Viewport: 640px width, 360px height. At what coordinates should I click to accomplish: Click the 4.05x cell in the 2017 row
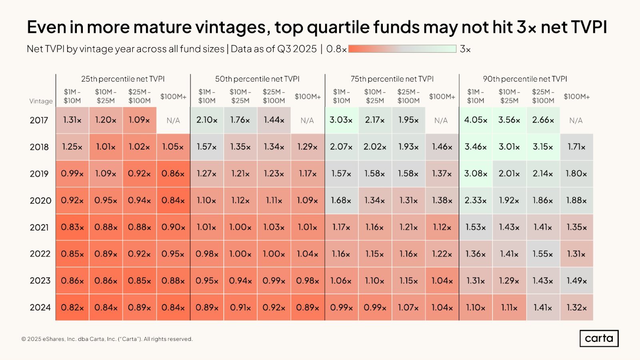tap(476, 120)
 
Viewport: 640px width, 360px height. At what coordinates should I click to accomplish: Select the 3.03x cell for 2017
tap(341, 120)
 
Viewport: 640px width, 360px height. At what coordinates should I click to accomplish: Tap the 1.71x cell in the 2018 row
tap(576, 147)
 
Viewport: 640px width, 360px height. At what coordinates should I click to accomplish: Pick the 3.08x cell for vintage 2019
tap(476, 174)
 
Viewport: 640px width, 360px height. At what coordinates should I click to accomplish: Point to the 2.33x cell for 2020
tap(476, 200)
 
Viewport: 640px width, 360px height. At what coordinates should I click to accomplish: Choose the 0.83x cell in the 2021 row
tap(72, 227)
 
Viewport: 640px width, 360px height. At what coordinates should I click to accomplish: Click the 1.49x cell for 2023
tap(576, 281)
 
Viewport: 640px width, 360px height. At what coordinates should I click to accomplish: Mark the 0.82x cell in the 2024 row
tap(72, 308)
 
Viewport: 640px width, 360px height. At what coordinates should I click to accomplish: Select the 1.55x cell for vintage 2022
tap(543, 254)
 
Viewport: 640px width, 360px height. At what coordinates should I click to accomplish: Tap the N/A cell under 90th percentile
tap(576, 120)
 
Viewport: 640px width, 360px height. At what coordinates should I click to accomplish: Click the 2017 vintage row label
tap(39, 120)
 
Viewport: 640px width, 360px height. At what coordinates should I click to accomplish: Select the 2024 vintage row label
tap(40, 308)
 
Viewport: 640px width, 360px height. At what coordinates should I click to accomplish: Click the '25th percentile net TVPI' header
tap(123, 79)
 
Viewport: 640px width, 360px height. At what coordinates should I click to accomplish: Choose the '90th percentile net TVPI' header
tap(525, 79)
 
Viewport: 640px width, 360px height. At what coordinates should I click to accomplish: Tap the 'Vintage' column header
tap(41, 101)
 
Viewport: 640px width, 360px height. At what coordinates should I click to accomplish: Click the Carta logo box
tap(599, 338)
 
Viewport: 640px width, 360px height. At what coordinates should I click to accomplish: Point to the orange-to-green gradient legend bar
tap(402, 49)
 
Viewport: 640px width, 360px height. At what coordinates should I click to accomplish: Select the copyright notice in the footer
tap(107, 339)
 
